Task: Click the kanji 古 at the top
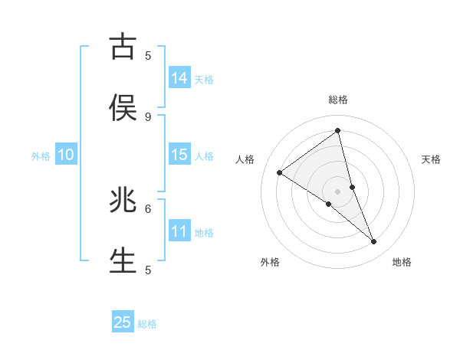(x=123, y=47)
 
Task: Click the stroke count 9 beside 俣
(x=148, y=116)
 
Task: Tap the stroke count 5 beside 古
(x=148, y=55)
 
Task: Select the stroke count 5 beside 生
(x=148, y=270)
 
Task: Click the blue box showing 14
(x=179, y=78)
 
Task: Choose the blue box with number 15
(x=179, y=155)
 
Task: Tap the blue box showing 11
(x=179, y=231)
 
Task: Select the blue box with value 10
(x=66, y=155)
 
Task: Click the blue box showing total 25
(x=123, y=322)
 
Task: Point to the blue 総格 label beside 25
(x=147, y=324)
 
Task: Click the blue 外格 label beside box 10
(x=41, y=156)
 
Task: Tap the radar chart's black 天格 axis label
(x=432, y=159)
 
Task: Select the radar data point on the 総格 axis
(x=337, y=130)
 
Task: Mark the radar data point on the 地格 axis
(x=374, y=242)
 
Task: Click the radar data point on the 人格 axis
(x=280, y=172)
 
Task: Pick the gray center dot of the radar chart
(x=337, y=191)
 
